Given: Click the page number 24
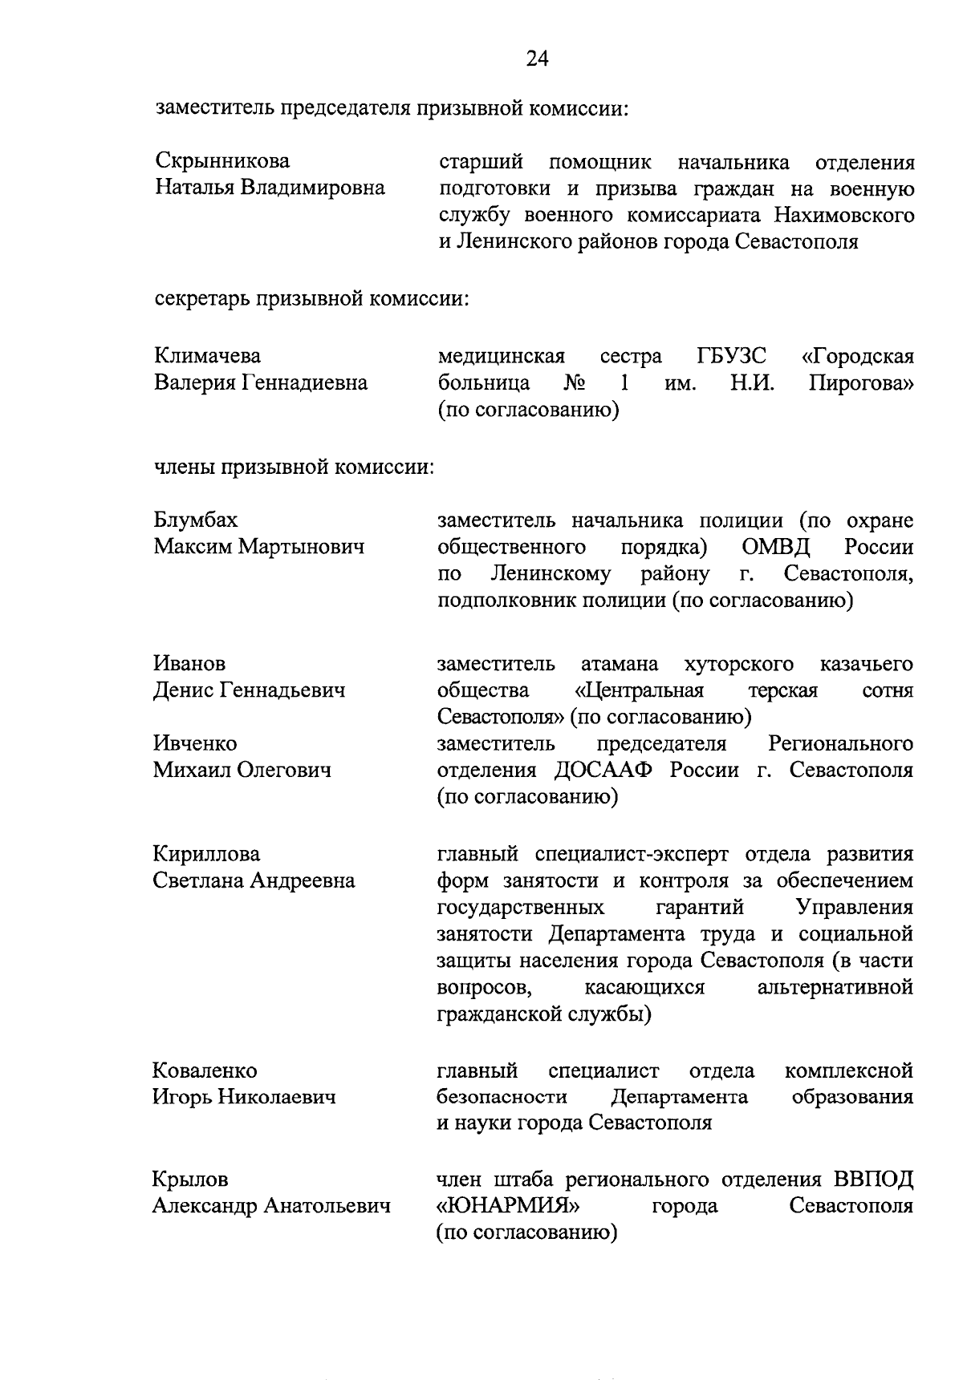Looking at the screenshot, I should pyautogui.click(x=537, y=59).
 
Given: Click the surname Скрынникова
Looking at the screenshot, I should pyautogui.click(x=222, y=161).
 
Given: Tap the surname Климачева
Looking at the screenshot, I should pyautogui.click(x=207, y=355).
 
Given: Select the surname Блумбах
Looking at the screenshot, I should pyautogui.click(x=196, y=520).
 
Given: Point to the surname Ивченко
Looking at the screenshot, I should pyautogui.click(x=195, y=743).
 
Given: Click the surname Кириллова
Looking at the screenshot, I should pyautogui.click(x=206, y=853).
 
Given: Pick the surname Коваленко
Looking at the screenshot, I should pyautogui.click(x=205, y=1070).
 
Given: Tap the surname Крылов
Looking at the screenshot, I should pyautogui.click(x=190, y=1180).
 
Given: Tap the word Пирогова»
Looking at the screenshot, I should pyautogui.click(x=860, y=382).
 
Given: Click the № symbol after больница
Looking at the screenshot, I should pyautogui.click(x=574, y=382).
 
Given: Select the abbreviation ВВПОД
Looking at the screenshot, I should pyautogui.click(x=872, y=1180).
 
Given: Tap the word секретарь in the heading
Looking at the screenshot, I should pyautogui.click(x=201, y=298).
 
